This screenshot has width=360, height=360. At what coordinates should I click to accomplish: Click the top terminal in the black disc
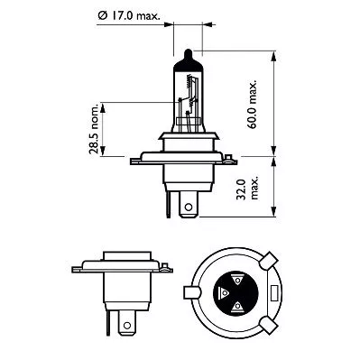(x=238, y=279)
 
